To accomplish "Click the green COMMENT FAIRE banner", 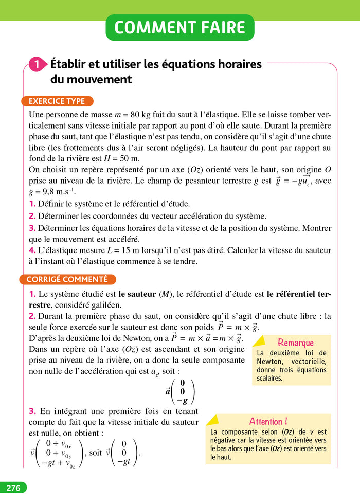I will click(x=180, y=28).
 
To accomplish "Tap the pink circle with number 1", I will click(x=37, y=65).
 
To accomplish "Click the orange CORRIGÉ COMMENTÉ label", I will click(x=67, y=279).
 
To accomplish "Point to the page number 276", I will click(x=13, y=488).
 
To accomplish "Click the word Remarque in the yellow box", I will click(x=295, y=343).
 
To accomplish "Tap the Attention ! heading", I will click(x=268, y=421).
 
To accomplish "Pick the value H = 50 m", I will click(x=121, y=159).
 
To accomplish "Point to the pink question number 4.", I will click(x=32, y=250).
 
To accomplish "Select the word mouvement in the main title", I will click(x=91, y=80).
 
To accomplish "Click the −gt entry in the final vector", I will click(x=123, y=462).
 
